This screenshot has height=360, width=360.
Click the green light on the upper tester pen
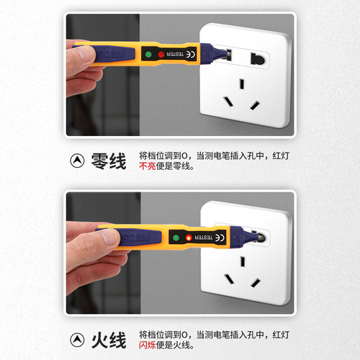click(x=147, y=54)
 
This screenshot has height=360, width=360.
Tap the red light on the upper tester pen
click(x=161, y=55)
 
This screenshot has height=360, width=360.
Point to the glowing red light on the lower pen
click(x=189, y=237)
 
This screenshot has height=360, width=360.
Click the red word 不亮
click(x=147, y=167)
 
